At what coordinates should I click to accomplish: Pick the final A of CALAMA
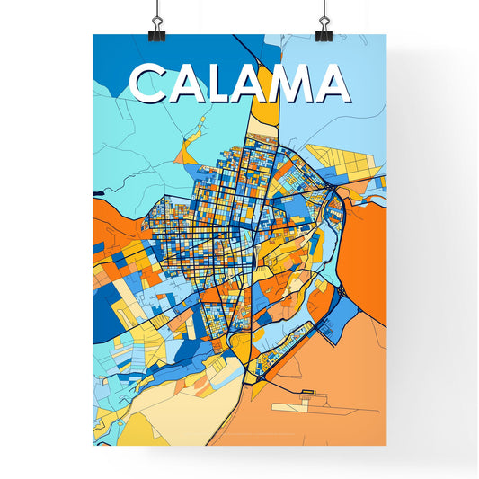329,84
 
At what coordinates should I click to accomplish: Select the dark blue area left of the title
112,54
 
